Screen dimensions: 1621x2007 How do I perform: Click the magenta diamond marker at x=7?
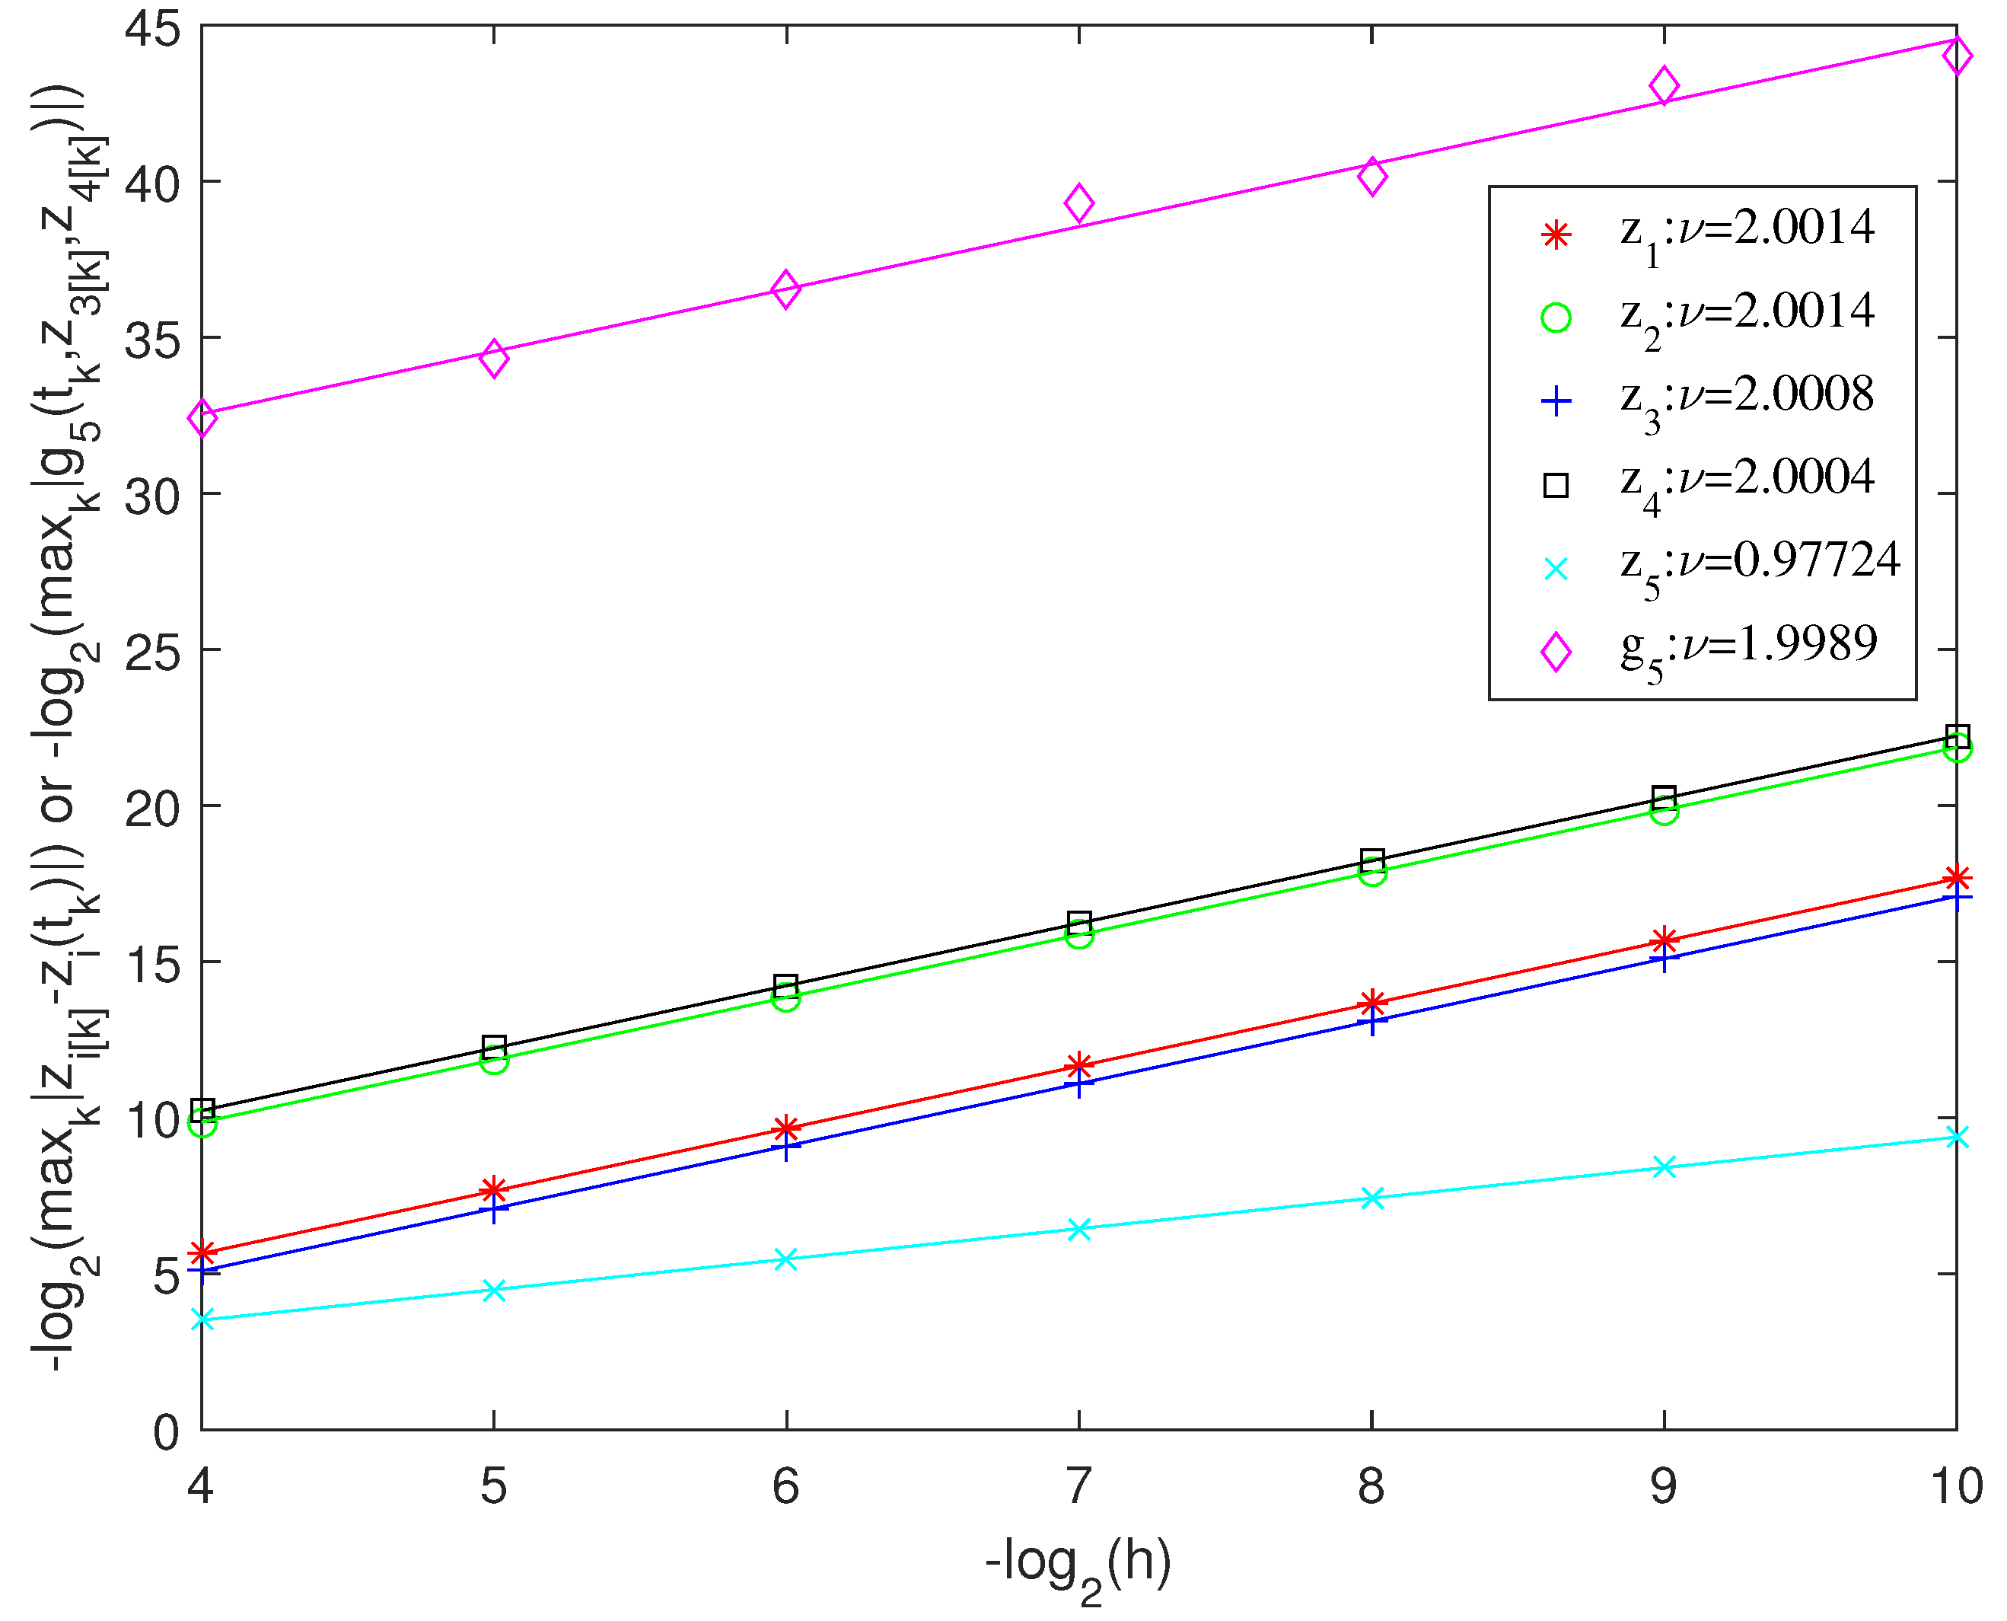click(x=1079, y=203)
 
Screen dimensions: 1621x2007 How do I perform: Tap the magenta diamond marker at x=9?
click(x=1664, y=86)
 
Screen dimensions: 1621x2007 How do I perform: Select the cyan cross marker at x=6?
click(x=786, y=1259)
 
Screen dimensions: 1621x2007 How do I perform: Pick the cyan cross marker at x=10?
click(x=1958, y=1137)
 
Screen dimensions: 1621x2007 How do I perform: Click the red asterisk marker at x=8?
click(x=1371, y=1003)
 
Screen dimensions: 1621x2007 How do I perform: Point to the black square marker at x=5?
click(x=494, y=1046)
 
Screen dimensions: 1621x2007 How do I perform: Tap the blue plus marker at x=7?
click(x=1079, y=1084)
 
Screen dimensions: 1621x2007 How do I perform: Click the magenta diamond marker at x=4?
click(x=202, y=417)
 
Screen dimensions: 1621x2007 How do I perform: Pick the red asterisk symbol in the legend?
click(x=1555, y=235)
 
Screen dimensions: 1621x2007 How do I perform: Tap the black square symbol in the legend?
click(x=1555, y=484)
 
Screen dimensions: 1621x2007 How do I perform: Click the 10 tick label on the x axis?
click(x=1956, y=1485)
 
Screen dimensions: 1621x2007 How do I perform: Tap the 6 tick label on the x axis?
click(x=786, y=1485)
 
